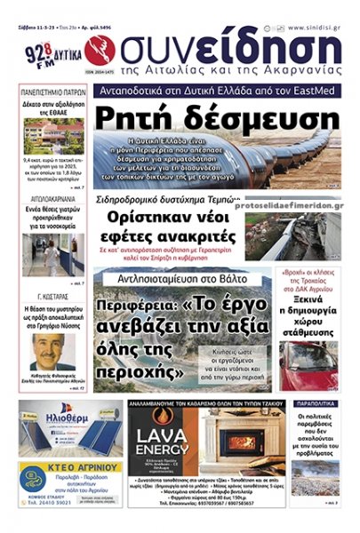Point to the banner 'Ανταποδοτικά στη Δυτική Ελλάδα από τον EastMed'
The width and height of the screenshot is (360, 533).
click(216, 91)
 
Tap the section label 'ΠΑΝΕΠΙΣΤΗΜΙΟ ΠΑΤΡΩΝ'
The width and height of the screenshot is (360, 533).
click(53, 91)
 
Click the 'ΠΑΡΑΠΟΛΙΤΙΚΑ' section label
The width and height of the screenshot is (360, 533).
click(315, 403)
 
